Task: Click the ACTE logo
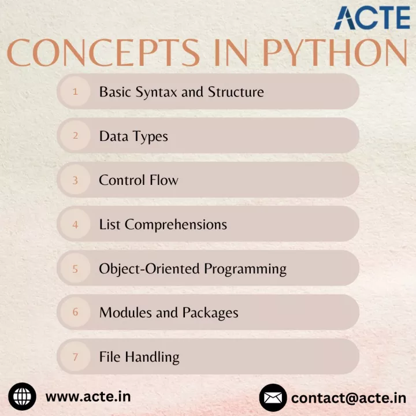372,17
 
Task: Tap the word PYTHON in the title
335,53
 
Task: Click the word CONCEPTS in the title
103,53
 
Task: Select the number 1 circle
75,91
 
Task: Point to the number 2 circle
75,136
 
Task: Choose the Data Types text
133,137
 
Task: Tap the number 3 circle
75,180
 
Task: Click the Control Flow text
139,180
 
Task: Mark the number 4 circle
75,224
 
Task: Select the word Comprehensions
176,225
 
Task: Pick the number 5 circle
75,269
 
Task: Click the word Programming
246,269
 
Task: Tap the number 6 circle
75,312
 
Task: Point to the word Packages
210,313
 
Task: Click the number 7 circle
75,356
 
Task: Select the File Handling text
139,358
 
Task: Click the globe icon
23,396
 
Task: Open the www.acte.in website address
88,397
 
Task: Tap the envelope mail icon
273,398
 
